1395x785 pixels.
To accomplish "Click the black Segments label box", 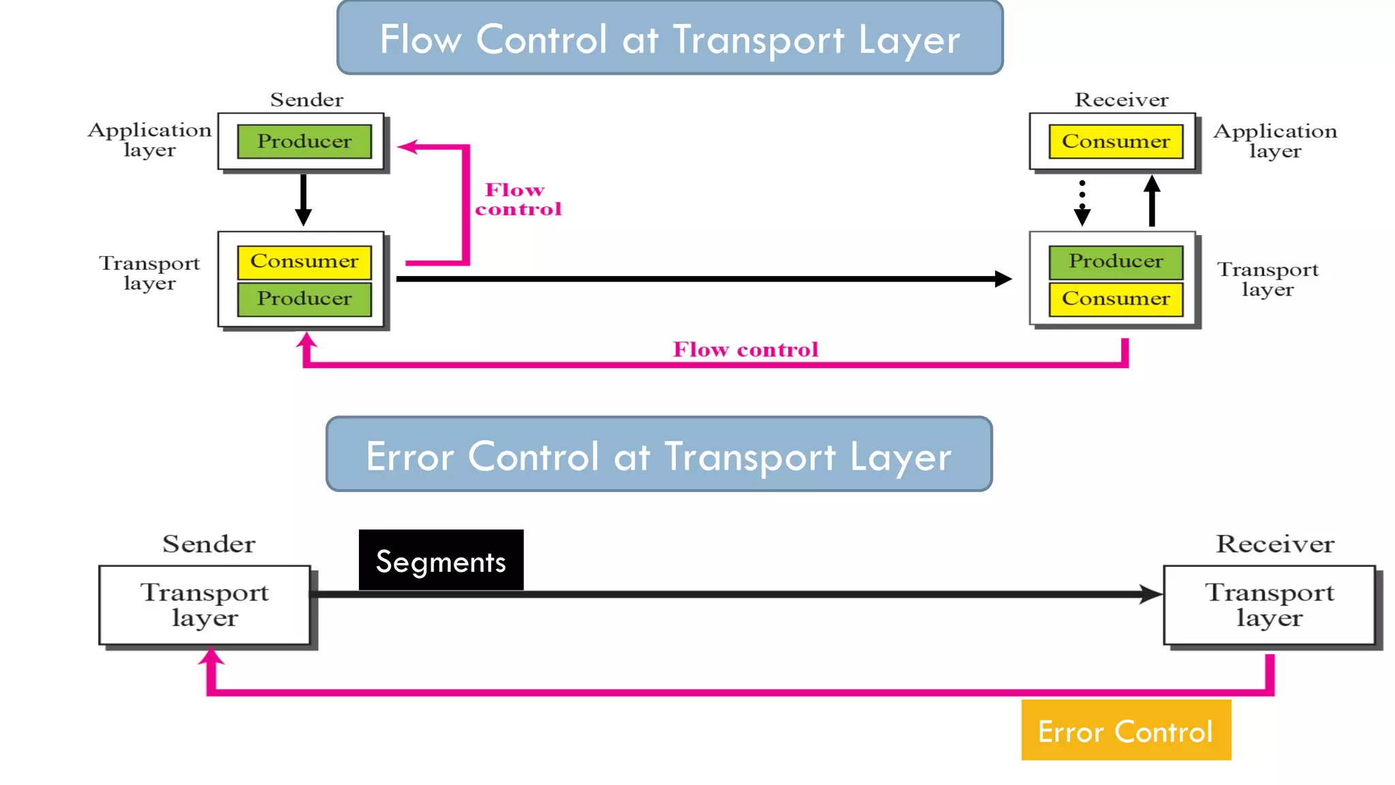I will (x=441, y=560).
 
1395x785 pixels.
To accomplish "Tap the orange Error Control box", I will (x=1125, y=730).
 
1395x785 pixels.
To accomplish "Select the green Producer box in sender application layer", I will (x=304, y=142).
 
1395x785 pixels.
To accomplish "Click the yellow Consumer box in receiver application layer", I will (x=1115, y=142).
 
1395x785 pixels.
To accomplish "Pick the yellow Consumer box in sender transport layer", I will (x=304, y=262).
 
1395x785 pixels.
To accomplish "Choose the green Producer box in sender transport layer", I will (x=304, y=299).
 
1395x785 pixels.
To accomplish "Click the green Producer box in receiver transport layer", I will (x=1115, y=262).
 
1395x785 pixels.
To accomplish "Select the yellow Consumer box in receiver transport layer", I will (x=1115, y=299).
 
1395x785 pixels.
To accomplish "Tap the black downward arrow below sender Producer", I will (x=303, y=200).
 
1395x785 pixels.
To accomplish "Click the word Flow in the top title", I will (x=420, y=40).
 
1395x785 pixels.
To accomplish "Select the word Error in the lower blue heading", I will (x=409, y=457).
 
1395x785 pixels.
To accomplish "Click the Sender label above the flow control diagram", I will (x=307, y=100).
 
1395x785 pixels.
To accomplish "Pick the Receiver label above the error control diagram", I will (x=1274, y=544).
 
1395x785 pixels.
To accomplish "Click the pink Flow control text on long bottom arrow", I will (x=745, y=350).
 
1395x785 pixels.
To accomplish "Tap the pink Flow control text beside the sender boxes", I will (x=518, y=200).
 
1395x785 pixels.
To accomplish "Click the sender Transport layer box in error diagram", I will (x=204, y=604).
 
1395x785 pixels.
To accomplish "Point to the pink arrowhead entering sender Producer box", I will (x=407, y=147).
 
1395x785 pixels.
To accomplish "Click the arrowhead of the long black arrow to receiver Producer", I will (x=1003, y=279).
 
